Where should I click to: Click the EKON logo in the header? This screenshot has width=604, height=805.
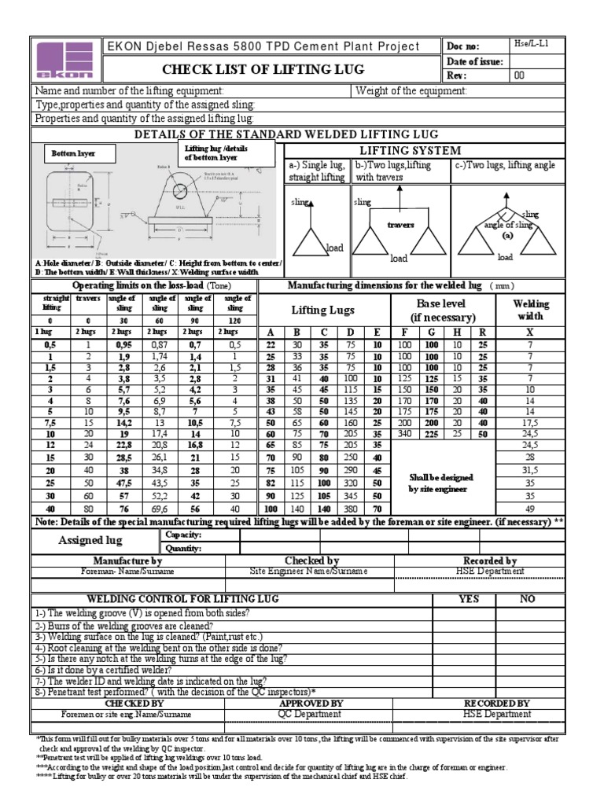coord(64,61)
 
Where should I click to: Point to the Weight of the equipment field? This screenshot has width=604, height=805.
coord(411,91)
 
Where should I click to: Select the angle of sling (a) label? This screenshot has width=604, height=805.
coord(507,230)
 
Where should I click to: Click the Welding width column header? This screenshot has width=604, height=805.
coord(531,311)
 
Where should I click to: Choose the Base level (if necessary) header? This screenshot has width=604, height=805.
coord(442,311)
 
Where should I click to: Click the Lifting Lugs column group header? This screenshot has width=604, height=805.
coord(323,311)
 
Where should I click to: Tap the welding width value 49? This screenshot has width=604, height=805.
coord(531,509)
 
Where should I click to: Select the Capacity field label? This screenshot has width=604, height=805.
coord(182,535)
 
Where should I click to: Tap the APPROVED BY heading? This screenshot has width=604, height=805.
coord(311,703)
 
